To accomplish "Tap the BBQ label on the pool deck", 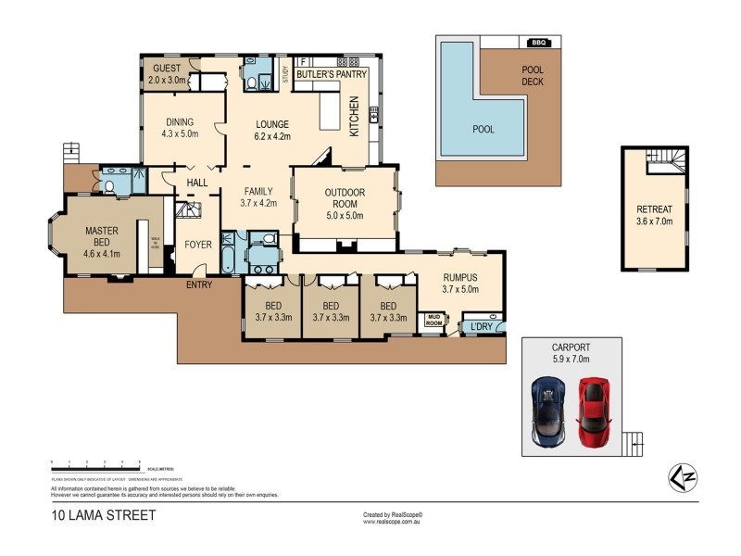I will tap(537, 42).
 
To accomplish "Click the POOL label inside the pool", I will tap(484, 129).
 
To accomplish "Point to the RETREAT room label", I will tap(654, 209).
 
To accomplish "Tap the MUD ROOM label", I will tap(433, 321).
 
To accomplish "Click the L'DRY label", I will tap(481, 327).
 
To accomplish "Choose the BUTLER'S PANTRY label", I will tap(332, 73).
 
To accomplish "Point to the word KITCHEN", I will tap(353, 117).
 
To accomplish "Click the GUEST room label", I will tap(167, 69).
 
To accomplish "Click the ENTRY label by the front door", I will tap(199, 284).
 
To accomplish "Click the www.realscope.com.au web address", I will tap(394, 522).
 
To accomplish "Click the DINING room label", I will tap(181, 122).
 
